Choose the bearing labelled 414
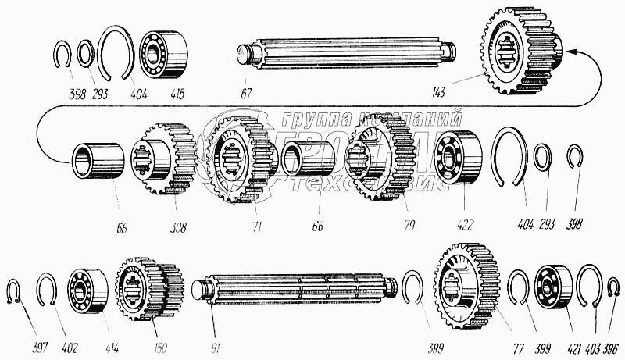tap(87, 290)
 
